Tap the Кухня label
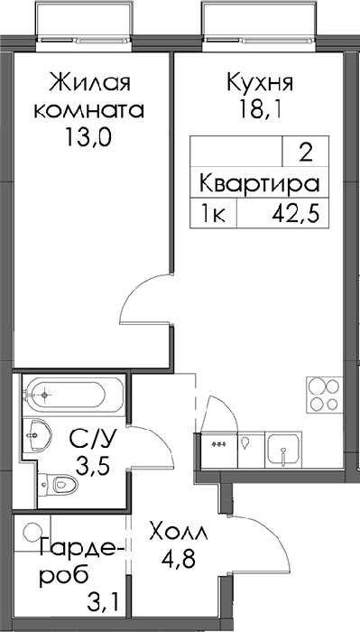click(x=259, y=83)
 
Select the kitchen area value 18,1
click(x=260, y=109)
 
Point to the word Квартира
click(x=260, y=184)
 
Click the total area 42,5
click(x=296, y=215)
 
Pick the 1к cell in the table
click(x=214, y=215)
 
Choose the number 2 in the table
click(x=306, y=154)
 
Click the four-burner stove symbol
click(x=325, y=395)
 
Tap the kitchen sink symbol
click(x=283, y=450)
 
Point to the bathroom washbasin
click(x=37, y=435)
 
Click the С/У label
click(x=93, y=440)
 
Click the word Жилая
click(x=89, y=84)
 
